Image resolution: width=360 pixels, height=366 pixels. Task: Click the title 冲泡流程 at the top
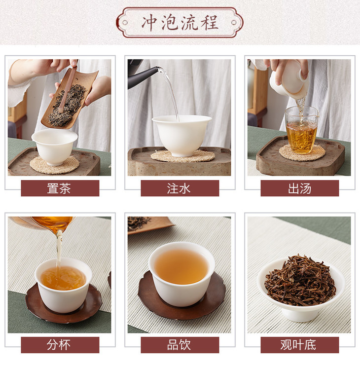180,23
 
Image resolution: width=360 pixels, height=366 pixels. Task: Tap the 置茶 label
59,188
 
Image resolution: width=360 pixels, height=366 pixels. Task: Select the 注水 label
179,188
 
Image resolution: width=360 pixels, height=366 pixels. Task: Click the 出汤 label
299,188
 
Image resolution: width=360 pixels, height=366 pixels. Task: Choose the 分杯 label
59,345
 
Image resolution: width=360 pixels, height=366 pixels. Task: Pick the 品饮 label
179,345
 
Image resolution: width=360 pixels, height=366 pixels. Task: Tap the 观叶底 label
298,345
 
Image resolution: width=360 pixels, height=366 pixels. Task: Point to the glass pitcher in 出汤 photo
302,130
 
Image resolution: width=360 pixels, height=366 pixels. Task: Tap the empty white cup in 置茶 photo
54,146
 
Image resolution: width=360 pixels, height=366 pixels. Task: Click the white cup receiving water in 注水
182,135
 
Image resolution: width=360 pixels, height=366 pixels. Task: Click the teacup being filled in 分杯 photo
64,285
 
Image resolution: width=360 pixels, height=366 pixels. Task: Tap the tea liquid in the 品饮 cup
181,266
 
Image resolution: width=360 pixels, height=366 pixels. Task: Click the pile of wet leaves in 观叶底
300,280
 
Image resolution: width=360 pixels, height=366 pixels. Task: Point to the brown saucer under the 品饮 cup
182,303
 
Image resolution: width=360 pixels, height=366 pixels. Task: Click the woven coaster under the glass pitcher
302,153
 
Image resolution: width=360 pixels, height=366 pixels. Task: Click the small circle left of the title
125,23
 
